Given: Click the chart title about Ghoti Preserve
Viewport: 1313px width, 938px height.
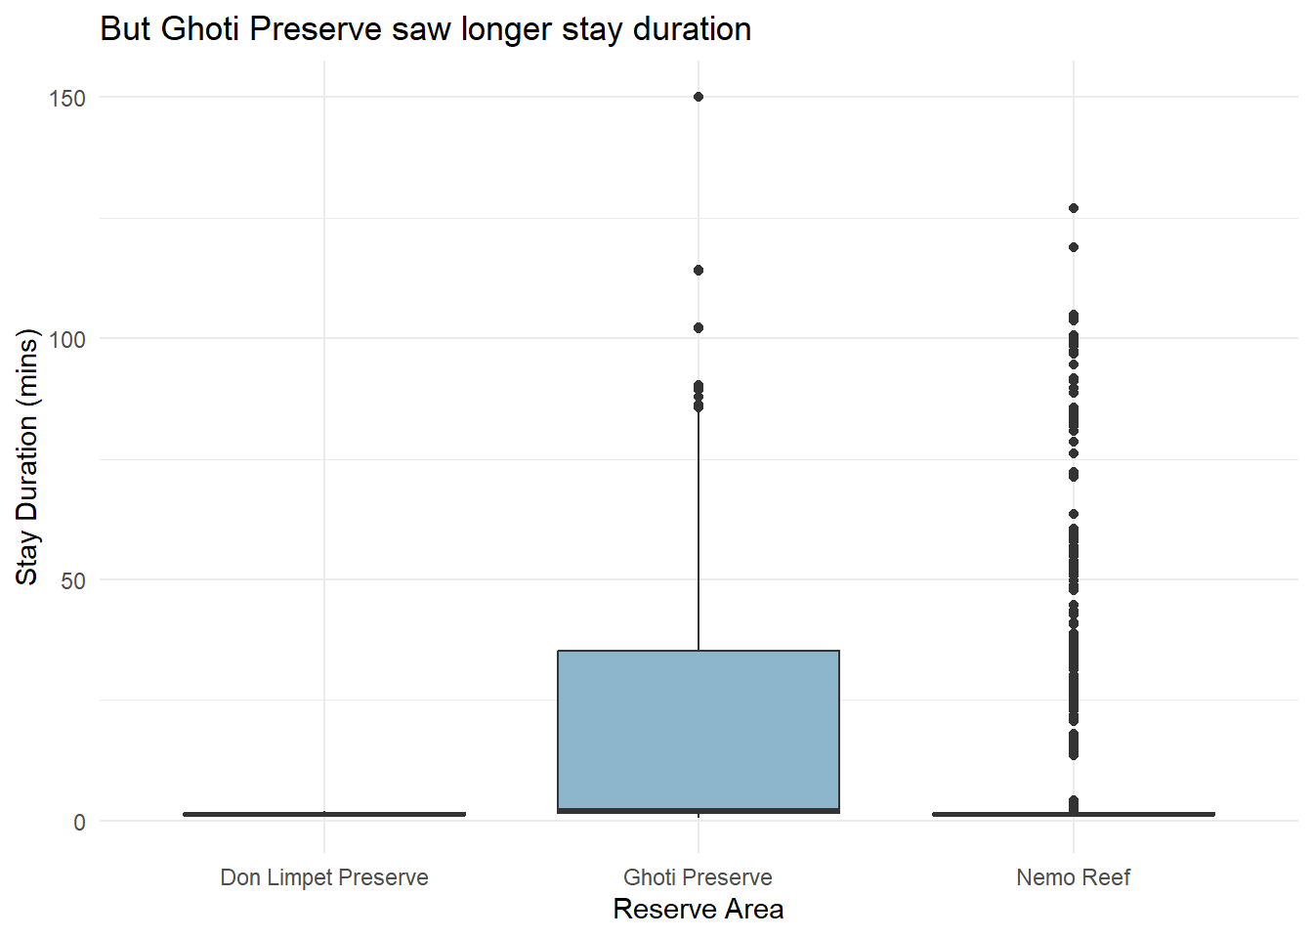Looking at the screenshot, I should (x=425, y=29).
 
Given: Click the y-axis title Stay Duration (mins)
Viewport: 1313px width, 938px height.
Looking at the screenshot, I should (x=27, y=456).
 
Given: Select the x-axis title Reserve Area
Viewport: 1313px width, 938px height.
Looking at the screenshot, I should (x=698, y=910).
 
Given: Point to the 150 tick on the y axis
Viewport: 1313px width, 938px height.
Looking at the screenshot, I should (x=67, y=98).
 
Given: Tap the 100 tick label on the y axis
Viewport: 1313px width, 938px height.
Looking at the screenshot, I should (x=67, y=339).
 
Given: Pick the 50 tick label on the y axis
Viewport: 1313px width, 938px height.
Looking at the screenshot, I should (x=73, y=580).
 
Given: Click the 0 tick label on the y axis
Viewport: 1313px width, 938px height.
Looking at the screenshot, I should (x=79, y=822).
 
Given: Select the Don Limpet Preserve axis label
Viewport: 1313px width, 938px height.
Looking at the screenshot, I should (x=324, y=877).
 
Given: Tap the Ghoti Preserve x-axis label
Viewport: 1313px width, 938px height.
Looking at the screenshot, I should (x=698, y=877).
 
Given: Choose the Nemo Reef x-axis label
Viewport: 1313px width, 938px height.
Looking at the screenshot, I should (x=1073, y=877).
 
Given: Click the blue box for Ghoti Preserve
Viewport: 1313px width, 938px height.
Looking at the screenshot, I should (x=698, y=728).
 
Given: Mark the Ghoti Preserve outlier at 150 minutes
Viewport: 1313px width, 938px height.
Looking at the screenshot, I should (x=699, y=97).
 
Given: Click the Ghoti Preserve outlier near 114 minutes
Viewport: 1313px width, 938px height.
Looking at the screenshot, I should (x=699, y=270).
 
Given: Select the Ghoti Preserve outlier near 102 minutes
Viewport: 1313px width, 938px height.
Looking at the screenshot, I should (x=699, y=328).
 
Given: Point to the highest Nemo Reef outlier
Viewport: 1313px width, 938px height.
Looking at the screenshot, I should (x=1074, y=208).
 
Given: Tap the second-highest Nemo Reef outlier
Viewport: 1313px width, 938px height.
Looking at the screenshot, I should (x=1074, y=247).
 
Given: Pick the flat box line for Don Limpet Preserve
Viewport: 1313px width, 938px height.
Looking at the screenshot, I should (x=324, y=814).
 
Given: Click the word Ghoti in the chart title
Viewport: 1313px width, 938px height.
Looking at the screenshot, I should (x=201, y=29).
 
